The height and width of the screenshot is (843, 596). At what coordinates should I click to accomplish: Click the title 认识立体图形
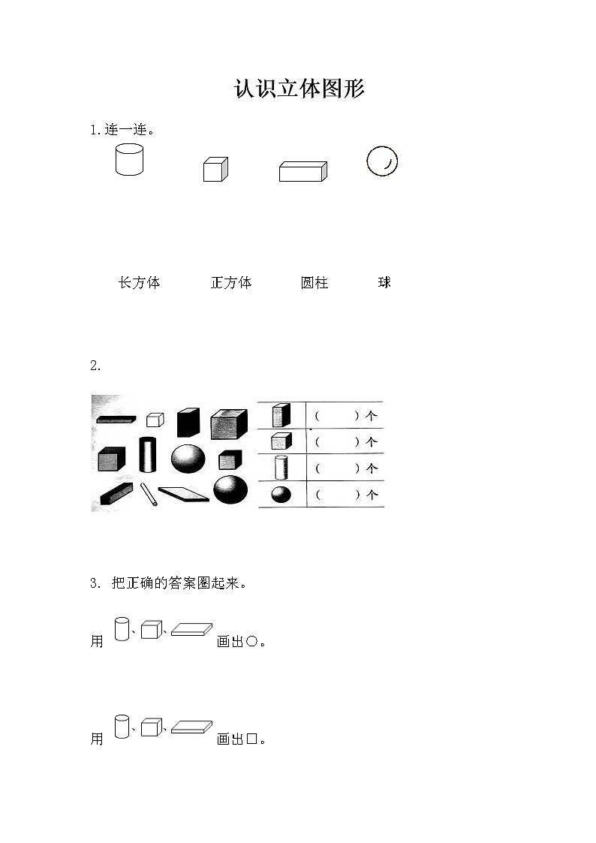coord(299,89)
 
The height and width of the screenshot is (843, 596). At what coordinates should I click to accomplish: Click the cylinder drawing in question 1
coord(129,159)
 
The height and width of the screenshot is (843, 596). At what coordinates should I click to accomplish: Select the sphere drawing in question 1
coord(382,161)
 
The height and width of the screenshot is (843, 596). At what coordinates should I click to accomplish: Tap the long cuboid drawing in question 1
coord(303,171)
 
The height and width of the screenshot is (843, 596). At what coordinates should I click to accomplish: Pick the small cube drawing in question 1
coord(215,170)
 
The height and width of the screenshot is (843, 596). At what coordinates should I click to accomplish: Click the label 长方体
coord(139,283)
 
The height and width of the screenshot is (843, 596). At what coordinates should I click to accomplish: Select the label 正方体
coord(231,283)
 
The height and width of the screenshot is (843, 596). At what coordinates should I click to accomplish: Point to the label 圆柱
coord(315,283)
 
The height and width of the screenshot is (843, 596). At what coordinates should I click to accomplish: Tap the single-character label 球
coord(385,283)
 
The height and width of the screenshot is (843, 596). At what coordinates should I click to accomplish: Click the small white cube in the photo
coord(155,419)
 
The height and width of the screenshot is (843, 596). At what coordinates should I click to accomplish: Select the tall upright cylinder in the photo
coord(147,453)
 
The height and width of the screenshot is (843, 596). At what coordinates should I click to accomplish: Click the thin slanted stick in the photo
coord(149,494)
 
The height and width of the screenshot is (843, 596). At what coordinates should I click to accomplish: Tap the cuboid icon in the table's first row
coord(281,415)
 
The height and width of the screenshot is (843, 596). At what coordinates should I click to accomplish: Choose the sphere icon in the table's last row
coord(281,495)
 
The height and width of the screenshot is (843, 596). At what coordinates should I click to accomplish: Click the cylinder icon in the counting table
coord(281,468)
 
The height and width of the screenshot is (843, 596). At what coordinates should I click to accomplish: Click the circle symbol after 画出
coord(252,642)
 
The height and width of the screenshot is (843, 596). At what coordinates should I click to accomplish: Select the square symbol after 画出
coord(252,739)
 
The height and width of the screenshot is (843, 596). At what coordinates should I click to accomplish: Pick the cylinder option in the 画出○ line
coord(122,629)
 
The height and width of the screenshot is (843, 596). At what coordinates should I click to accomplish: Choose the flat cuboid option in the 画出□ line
coord(192,727)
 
